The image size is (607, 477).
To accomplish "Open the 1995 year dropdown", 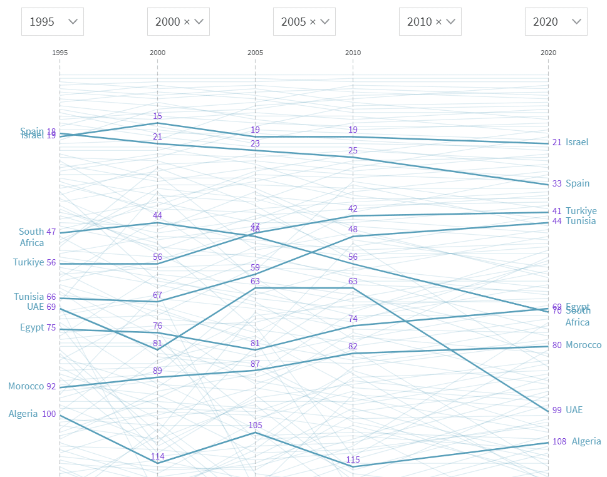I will coord(53,21).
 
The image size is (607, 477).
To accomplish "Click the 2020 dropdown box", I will coord(556,21).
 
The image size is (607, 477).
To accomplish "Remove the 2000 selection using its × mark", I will coord(187,22).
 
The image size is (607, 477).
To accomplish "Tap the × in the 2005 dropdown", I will coord(313,22).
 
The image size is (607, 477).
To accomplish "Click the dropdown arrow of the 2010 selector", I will coord(451,21).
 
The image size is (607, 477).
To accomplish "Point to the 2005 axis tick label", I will coord(255,53).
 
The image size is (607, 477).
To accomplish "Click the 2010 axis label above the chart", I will coord(353,53).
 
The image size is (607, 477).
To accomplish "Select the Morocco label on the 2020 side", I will coord(583,345).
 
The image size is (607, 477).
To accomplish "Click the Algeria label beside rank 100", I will coord(23,414).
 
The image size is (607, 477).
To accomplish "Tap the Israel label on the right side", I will coord(577,142).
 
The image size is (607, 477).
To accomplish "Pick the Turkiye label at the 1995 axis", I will coord(29,262).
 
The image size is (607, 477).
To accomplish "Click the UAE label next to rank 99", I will coord(574,410).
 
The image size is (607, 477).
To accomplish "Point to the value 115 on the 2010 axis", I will coord(353,460).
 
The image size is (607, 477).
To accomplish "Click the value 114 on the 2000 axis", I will coord(157,456).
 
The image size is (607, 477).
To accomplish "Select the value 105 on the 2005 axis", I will coord(255,425).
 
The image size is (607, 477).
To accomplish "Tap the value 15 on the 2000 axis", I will coord(157,116).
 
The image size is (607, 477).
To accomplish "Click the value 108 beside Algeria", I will coord(559,441).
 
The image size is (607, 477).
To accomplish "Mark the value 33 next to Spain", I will coord(557,183).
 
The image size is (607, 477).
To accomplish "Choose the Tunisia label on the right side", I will coord(581,221).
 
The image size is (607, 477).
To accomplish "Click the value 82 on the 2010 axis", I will coord(353,346).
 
